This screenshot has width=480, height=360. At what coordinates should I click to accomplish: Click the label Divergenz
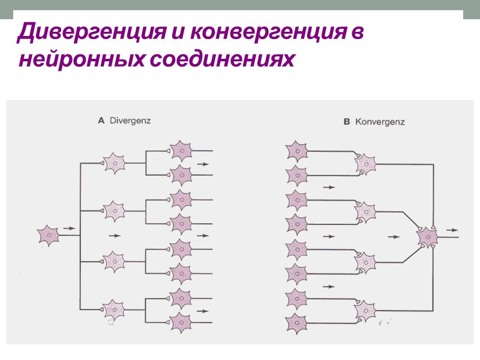[x=130, y=120]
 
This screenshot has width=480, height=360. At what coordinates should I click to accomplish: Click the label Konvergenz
[x=380, y=122]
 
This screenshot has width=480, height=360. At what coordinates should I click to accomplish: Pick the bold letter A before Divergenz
[x=101, y=120]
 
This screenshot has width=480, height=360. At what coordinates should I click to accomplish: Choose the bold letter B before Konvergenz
[x=346, y=122]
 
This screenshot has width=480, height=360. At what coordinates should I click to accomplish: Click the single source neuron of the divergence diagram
[x=49, y=235]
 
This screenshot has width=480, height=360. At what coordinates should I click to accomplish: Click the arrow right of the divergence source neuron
[x=69, y=229]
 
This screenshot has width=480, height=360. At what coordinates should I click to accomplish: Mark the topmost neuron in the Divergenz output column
[x=181, y=150]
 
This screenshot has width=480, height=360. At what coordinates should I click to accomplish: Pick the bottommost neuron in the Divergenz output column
[x=181, y=323]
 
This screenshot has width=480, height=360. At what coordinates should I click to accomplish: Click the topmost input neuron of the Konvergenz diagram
[x=297, y=151]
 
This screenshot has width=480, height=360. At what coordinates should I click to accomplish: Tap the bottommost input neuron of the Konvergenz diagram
[x=297, y=323]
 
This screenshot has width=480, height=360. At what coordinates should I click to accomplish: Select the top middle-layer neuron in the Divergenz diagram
[x=113, y=162]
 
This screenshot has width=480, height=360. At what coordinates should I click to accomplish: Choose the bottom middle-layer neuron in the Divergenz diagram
[x=113, y=310]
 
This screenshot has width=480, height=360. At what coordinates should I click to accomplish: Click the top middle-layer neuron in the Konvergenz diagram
[x=365, y=163]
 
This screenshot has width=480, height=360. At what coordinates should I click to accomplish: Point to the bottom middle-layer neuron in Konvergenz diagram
[x=365, y=311]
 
